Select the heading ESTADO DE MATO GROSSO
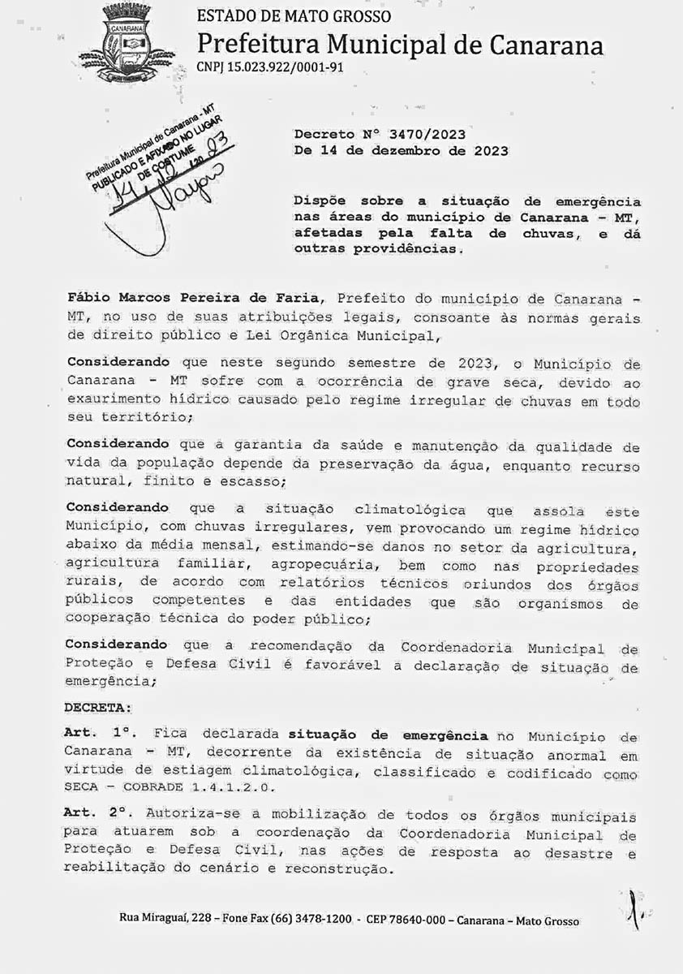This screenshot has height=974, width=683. point(294,16)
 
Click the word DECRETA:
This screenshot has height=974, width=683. point(97,707)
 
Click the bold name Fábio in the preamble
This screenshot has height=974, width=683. point(88,300)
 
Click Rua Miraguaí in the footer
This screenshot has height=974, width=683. point(150,919)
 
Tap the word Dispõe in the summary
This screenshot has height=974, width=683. point(321,201)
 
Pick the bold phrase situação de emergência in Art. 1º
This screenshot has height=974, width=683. point(389,735)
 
